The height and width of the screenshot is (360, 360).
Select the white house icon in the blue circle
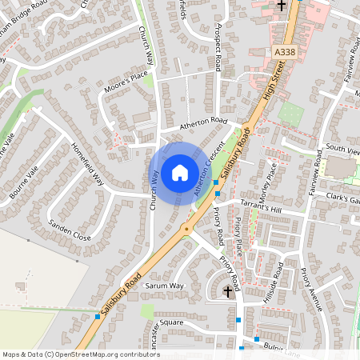click(180, 171)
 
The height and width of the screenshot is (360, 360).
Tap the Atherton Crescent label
click(206, 170)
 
